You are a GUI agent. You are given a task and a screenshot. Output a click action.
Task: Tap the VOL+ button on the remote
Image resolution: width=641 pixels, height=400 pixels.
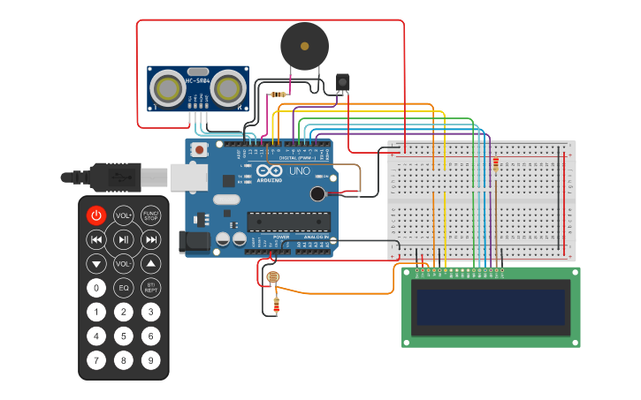tap(124, 215)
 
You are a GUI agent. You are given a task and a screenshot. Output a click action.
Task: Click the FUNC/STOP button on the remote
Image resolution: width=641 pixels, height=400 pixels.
tap(151, 215)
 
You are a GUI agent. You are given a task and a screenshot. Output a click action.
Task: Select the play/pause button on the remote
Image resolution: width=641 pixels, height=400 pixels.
tap(124, 239)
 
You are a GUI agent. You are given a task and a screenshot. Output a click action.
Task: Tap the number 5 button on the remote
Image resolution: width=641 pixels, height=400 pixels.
tap(124, 336)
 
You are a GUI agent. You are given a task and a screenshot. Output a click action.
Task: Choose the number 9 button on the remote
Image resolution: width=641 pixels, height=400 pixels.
tap(151, 359)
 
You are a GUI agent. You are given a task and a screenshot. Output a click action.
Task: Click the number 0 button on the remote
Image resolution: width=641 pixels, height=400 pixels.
tap(95, 288)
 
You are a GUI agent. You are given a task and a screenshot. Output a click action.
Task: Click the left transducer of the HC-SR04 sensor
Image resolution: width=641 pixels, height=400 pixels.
tap(167, 87)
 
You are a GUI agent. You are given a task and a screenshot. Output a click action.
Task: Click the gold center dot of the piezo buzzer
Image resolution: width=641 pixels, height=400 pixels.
tap(305, 45)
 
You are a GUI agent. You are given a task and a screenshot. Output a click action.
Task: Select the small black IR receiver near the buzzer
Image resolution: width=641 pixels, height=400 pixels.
tap(342, 83)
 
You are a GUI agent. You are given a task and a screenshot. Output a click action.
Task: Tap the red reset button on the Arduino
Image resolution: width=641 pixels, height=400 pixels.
tap(199, 150)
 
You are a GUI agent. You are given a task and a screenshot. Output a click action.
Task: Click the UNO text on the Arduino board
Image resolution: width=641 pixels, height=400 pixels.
tap(300, 170)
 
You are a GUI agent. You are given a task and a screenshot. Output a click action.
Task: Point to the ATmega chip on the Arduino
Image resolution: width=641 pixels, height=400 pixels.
tap(288, 221)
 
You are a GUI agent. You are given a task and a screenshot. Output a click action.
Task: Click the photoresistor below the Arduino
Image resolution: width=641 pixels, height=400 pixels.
tap(273, 278)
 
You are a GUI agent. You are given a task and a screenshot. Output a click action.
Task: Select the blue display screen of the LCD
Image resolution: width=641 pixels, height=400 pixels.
tap(491, 307)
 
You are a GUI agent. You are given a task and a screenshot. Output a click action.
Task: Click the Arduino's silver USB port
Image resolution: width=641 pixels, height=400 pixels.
tap(187, 177)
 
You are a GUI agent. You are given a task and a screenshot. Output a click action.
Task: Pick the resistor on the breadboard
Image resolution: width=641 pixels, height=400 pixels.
tap(495, 164)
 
